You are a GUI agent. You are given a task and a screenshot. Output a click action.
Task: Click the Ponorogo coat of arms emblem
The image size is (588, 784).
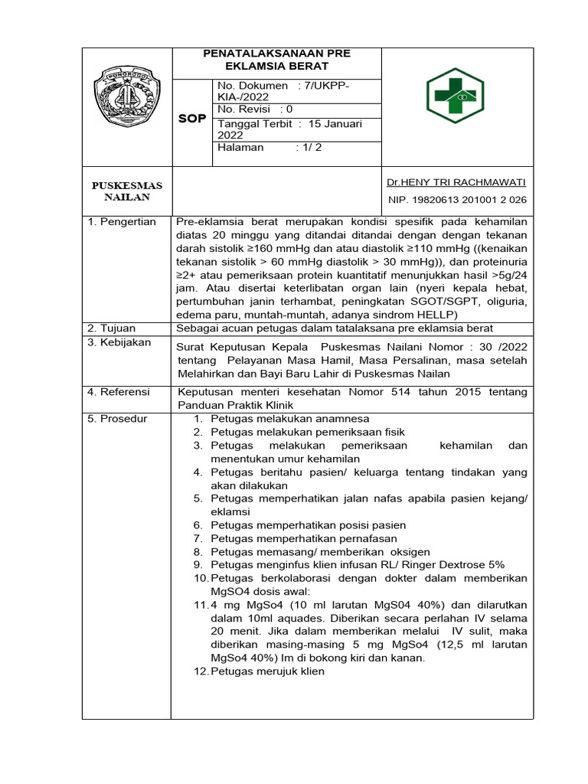[126, 95]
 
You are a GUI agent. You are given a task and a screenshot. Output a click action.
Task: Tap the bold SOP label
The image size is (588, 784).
[191, 119]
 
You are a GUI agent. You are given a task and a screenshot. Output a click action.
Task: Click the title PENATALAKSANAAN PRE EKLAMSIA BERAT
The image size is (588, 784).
[276, 60]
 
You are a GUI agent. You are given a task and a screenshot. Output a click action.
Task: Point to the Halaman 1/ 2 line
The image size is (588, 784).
[269, 147]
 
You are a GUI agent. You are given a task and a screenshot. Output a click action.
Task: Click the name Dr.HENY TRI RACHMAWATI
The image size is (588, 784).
[456, 182]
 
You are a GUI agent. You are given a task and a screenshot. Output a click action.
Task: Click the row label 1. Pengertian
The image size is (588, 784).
[122, 222]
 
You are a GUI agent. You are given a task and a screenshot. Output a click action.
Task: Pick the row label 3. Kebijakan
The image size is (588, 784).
[119, 342]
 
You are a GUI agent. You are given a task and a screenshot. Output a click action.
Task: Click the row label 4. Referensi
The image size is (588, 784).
[119, 392]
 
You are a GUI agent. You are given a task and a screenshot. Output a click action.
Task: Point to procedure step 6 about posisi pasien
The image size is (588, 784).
[308, 525]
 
